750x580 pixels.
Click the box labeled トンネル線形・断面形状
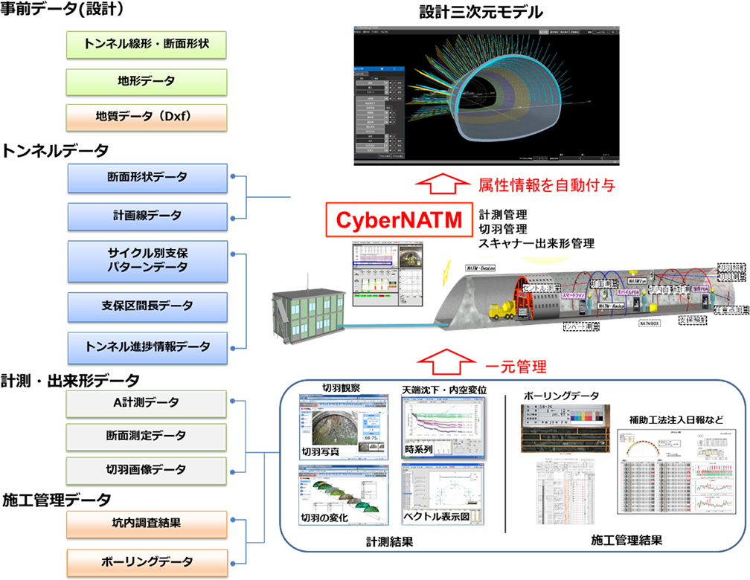coord(146,45)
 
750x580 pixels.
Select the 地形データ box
coord(146,80)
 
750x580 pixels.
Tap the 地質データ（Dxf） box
coord(146,117)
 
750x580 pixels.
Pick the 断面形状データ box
coord(146,178)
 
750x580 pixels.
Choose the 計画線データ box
coord(146,216)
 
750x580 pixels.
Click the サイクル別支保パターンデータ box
coord(146,259)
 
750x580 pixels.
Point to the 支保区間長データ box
coord(146,306)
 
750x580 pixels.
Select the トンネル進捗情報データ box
coord(146,346)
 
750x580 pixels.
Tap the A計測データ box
coord(146,403)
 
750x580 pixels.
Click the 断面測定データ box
coord(146,436)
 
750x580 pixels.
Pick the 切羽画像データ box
coord(146,470)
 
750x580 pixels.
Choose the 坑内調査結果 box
coord(146,523)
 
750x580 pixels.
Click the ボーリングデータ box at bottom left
coord(146,561)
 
